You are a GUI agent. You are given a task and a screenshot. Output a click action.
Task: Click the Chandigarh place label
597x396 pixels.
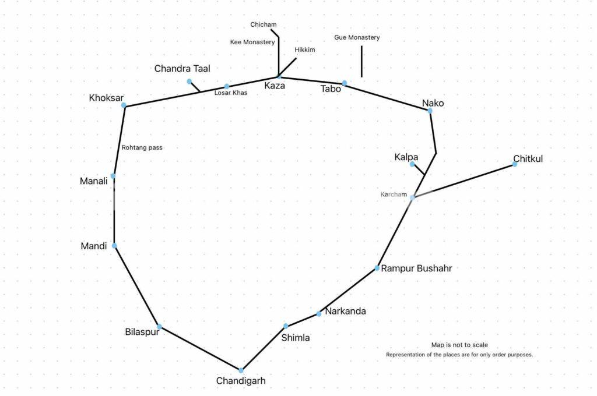click(x=241, y=381)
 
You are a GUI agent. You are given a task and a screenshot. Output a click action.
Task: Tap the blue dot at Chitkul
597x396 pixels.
click(x=515, y=164)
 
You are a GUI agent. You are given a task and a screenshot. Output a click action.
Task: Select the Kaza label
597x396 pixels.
click(x=275, y=86)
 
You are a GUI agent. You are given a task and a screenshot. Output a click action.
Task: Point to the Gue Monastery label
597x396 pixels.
click(x=357, y=37)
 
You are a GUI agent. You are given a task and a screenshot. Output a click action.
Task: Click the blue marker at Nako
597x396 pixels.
click(x=430, y=110)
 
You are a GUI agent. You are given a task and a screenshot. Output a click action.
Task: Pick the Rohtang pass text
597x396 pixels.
click(x=142, y=147)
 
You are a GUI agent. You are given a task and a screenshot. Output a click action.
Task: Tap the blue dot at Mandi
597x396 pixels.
click(x=114, y=246)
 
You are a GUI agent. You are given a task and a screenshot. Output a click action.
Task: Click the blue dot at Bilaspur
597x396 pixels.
click(x=159, y=327)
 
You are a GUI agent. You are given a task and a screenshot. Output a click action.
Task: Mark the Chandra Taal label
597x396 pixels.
click(x=182, y=69)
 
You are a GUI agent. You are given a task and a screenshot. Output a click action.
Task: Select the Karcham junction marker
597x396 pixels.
click(x=412, y=197)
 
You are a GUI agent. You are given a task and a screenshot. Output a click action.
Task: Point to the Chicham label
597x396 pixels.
click(x=264, y=24)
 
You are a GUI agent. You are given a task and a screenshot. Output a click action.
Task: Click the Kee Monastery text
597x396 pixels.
click(x=252, y=42)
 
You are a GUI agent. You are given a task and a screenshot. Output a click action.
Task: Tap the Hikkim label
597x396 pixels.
click(x=305, y=49)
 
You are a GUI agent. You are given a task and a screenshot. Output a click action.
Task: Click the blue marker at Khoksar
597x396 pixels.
click(x=124, y=105)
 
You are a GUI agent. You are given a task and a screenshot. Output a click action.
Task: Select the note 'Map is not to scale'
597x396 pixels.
click(x=459, y=345)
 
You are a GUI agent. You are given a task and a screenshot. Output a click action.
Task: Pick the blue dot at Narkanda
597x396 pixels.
click(x=319, y=314)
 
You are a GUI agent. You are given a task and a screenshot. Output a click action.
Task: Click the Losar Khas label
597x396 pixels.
click(x=231, y=93)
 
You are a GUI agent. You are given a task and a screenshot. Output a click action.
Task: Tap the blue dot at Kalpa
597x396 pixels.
click(x=412, y=164)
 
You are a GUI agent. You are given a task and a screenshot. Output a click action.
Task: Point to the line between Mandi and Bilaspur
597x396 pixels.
click(x=136, y=286)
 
